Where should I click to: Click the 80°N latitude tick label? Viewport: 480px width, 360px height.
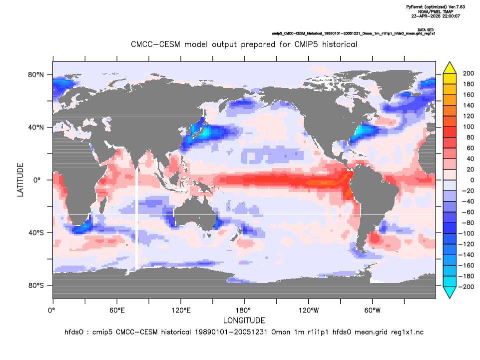click(36, 75)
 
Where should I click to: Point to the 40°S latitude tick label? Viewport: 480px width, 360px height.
click(36, 233)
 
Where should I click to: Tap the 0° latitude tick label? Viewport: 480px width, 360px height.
click(37, 180)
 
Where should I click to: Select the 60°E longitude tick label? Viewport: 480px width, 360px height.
click(117, 310)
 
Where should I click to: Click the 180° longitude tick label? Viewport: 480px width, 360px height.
click(245, 310)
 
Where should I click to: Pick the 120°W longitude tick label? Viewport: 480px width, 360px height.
click(309, 310)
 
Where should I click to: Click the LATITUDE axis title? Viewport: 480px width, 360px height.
click(20, 180)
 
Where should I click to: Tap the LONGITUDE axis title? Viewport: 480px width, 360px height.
click(244, 320)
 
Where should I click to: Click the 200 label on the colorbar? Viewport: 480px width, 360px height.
click(469, 73)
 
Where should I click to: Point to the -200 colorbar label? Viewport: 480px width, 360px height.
click(466, 287)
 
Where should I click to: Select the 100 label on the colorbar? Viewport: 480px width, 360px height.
click(469, 126)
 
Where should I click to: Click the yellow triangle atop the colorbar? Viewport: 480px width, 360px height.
click(450, 67)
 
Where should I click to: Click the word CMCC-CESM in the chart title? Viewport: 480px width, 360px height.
click(155, 44)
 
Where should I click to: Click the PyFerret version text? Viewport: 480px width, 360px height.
click(436, 6)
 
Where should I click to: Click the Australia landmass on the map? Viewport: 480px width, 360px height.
click(195, 213)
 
